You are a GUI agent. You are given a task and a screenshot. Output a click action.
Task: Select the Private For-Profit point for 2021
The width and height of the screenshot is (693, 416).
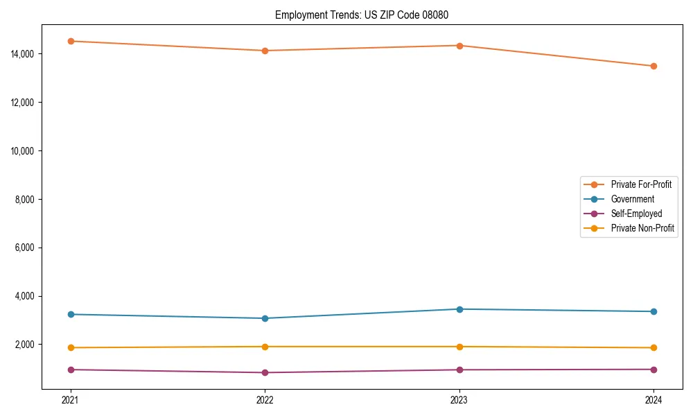click(x=71, y=41)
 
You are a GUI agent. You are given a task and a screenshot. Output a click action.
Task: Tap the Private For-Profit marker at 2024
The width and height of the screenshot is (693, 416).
click(x=653, y=66)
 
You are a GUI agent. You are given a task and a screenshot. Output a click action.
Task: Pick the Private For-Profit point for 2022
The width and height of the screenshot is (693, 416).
click(x=265, y=51)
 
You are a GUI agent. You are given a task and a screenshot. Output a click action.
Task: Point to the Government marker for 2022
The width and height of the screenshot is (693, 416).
click(x=265, y=318)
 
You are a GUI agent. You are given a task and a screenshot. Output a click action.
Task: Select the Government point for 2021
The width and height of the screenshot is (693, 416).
click(x=71, y=314)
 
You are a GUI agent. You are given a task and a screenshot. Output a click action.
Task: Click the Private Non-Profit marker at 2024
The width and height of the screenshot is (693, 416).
click(x=653, y=347)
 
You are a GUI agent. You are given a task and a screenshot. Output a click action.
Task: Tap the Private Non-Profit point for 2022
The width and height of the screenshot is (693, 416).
click(x=265, y=347)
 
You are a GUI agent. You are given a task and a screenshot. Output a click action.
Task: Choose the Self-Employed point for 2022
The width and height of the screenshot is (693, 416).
click(x=265, y=372)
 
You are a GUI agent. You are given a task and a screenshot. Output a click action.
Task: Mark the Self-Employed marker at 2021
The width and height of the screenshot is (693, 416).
click(x=71, y=370)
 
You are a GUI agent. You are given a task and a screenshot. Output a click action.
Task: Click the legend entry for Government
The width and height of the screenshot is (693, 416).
click(x=632, y=199)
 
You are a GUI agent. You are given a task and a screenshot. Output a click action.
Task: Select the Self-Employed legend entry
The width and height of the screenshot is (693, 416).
click(x=636, y=214)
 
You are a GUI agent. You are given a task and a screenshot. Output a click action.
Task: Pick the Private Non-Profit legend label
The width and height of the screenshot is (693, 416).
click(x=642, y=228)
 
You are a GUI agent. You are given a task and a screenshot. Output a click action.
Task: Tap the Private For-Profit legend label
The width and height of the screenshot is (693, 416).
click(x=641, y=184)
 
